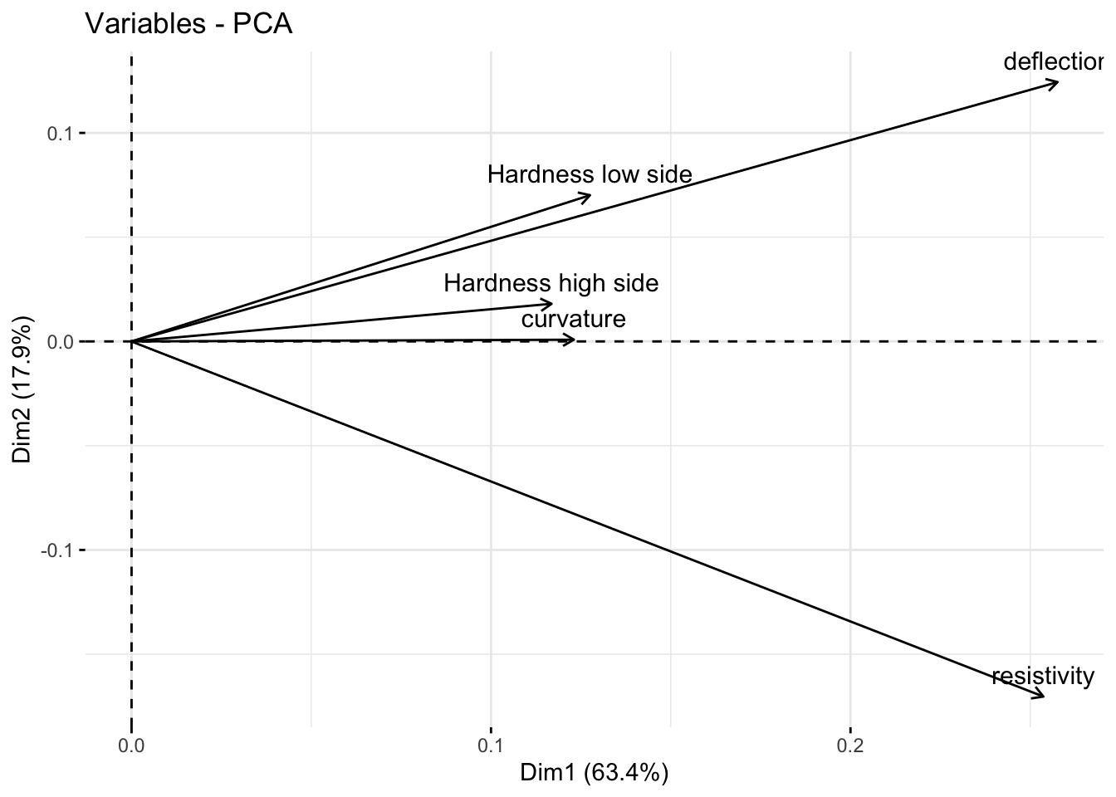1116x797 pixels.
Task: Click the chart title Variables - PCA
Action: click(188, 25)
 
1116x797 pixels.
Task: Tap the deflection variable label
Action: click(1054, 62)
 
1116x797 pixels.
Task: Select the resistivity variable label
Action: click(1043, 677)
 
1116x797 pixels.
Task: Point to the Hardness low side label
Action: click(589, 174)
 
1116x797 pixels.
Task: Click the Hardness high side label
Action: click(551, 283)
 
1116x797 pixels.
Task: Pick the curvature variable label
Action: click(573, 320)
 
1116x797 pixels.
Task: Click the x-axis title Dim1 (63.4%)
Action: click(594, 773)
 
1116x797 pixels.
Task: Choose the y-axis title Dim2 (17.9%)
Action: click(22, 390)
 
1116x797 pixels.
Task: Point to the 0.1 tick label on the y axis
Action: click(61, 133)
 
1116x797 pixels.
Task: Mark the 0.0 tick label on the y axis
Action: click(61, 341)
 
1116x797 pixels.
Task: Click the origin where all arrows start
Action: click(132, 341)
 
